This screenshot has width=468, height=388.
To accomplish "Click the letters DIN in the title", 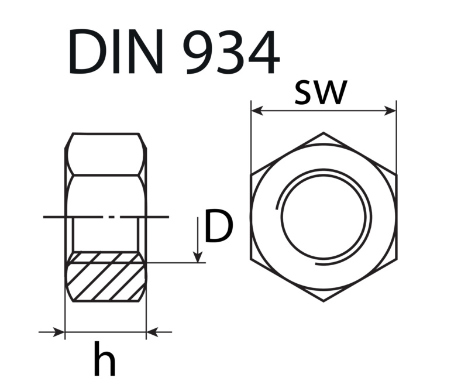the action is point(116,51).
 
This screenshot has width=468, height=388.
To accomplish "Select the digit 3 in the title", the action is point(229,51).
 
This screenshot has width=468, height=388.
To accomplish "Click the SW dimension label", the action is point(321,92).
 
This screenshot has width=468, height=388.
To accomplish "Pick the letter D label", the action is point(218,226).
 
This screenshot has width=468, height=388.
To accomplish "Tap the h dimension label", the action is point(105,359).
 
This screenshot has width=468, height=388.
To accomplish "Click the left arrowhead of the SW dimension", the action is point(257,111).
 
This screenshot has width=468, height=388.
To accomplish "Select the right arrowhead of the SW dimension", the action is point(390,111).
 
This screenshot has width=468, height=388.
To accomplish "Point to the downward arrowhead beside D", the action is point(198,257).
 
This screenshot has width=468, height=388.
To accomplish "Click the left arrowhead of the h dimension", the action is point(59,332).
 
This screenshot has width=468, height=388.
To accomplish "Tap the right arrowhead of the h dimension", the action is point(152,332).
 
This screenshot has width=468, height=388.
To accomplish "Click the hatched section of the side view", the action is point(106,277).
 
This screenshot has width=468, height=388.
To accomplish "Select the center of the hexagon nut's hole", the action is point(324,217).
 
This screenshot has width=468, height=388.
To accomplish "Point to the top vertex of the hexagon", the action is point(324,132).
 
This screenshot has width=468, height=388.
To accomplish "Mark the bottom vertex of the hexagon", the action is point(324,301).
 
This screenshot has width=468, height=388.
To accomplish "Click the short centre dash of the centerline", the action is point(111,217).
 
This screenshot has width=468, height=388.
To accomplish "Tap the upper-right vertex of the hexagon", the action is point(397,175).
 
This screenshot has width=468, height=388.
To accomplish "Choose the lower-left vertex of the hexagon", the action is point(251,259).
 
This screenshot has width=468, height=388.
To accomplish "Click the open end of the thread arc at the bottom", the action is point(316,263).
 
